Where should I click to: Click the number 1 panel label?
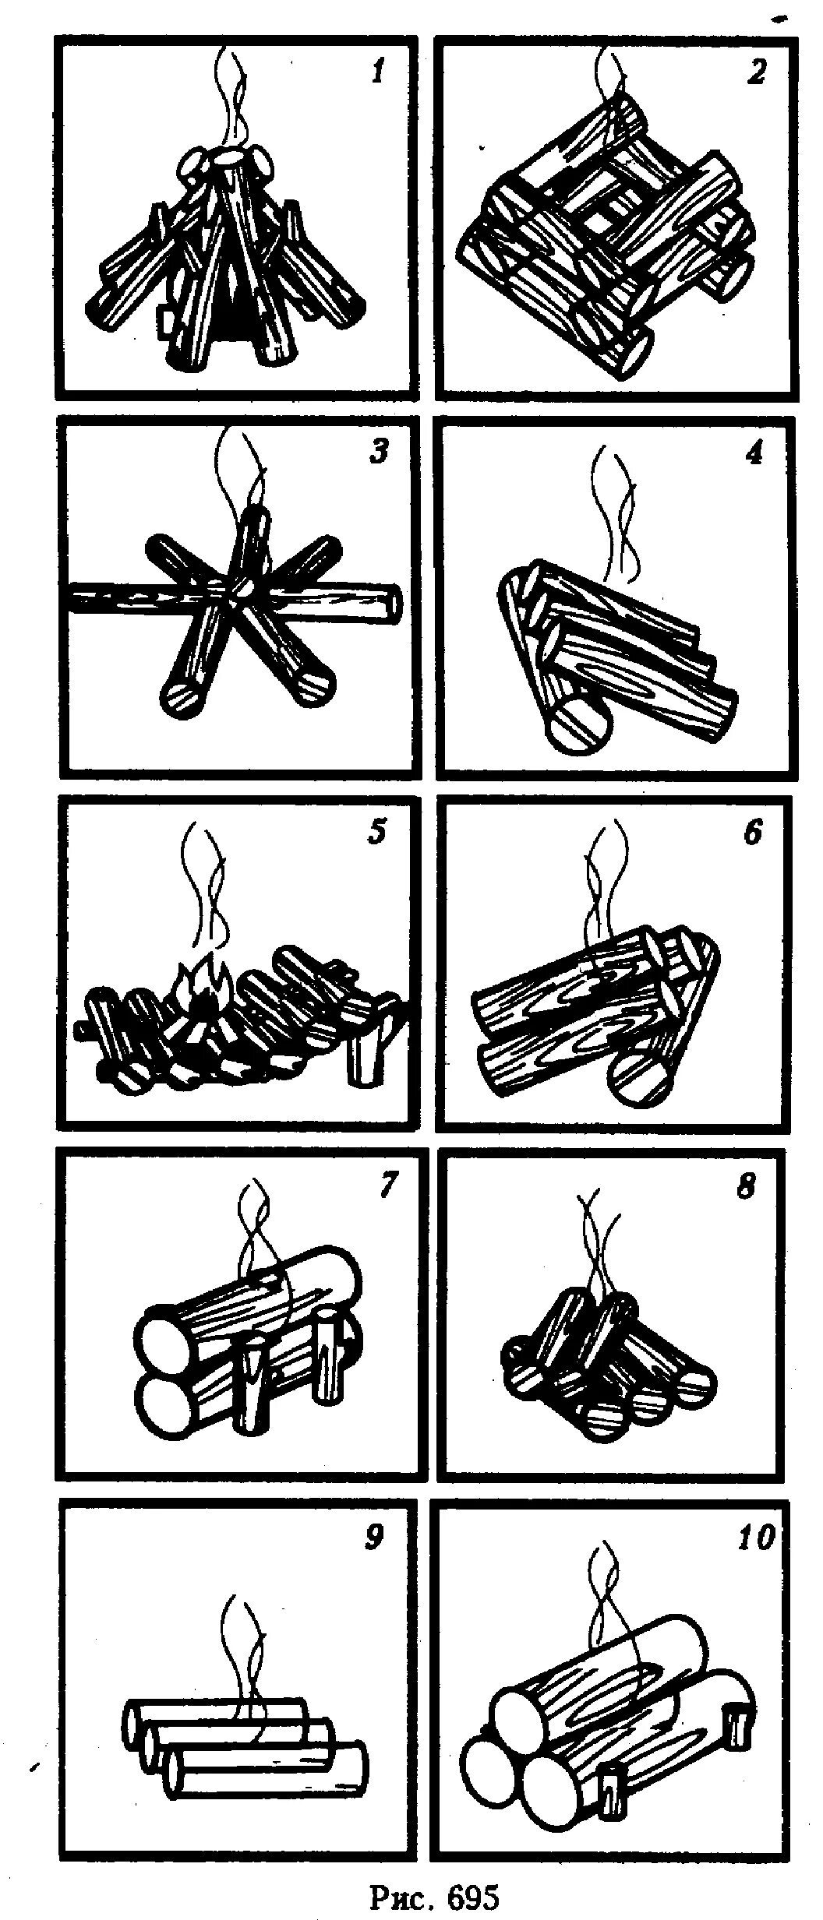coord(378,74)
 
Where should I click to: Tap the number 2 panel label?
coord(755,73)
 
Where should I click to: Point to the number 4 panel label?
coord(752,454)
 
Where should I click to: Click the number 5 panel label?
coord(376,833)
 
